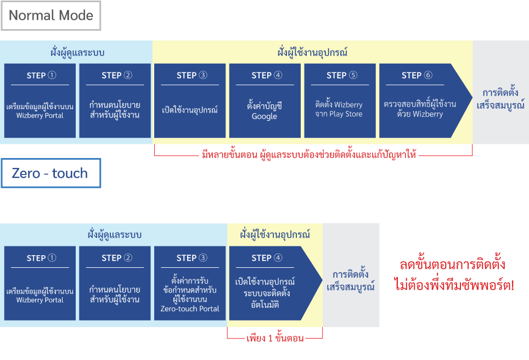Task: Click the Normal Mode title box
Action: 51,15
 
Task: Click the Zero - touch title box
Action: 51,173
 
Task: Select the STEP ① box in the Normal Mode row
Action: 40,100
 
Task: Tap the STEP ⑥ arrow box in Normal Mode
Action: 421,100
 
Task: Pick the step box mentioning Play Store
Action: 340,100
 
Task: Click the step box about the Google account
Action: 265,100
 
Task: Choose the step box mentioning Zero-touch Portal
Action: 190,283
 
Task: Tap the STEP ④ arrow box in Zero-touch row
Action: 272,283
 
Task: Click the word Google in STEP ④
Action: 264,116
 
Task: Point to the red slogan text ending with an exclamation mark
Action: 454,275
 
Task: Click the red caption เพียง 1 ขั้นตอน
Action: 275,338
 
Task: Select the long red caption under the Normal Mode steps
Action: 309,155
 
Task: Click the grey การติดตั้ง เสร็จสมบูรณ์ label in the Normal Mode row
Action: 500,99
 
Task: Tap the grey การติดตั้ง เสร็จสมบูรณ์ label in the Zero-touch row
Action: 351,280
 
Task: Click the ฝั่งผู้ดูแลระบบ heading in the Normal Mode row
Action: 77,53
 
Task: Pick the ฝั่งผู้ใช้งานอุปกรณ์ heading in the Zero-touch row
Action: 275,234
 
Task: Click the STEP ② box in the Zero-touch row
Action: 115,283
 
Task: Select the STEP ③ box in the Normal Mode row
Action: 190,100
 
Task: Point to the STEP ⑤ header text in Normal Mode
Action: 342,75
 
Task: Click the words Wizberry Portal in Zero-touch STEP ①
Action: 40,300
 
